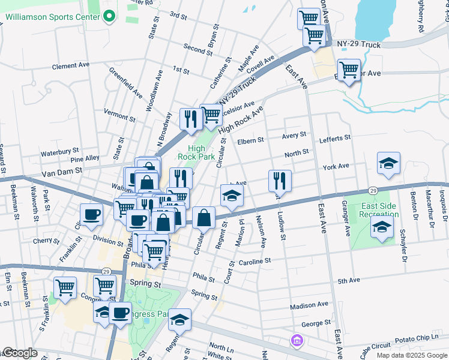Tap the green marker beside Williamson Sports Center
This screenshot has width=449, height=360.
(109, 17)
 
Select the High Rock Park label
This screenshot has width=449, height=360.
(196, 152)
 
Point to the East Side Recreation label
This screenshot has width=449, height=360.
(379, 209)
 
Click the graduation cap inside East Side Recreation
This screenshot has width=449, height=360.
(381, 227)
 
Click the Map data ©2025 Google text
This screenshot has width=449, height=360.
(413, 355)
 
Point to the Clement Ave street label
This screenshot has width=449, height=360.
(70, 65)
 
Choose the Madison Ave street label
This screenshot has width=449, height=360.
(309, 305)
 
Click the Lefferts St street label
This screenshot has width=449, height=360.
(335, 138)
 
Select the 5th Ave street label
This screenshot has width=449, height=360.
(348, 280)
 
